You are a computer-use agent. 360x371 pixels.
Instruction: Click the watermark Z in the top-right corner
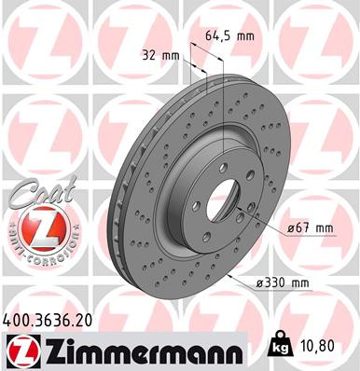point(330,28)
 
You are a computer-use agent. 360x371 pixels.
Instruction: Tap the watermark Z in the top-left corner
point(28,28)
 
